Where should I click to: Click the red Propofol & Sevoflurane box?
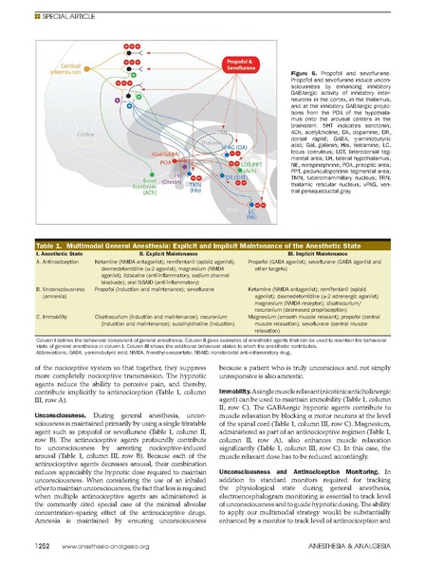(241, 65)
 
